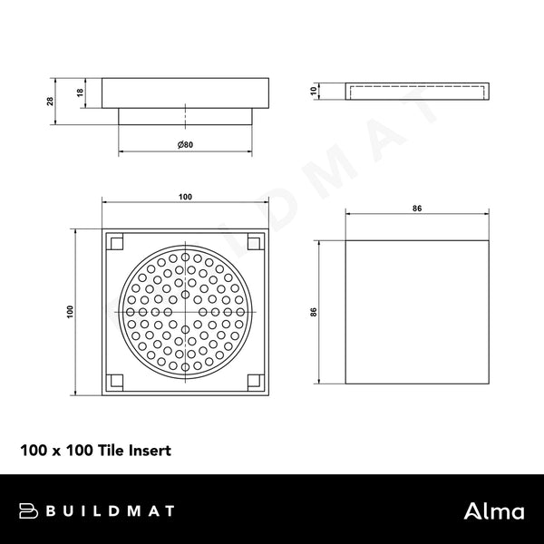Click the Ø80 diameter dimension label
(x=185, y=145)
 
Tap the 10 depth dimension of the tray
(x=312, y=91)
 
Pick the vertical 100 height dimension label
(x=69, y=310)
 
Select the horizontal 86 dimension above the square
(x=416, y=209)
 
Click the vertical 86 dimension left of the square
(x=314, y=311)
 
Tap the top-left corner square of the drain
(x=116, y=242)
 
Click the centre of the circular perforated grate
(x=185, y=310)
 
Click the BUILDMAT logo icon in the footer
(x=30, y=510)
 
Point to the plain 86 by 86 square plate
(x=416, y=311)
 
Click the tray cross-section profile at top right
(x=416, y=91)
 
